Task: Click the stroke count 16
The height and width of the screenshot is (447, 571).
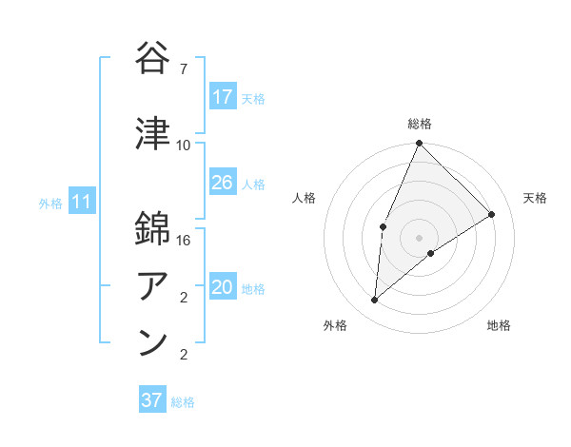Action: (185, 242)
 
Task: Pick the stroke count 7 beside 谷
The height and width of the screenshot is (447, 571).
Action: (184, 68)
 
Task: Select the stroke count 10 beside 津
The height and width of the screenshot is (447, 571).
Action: (184, 146)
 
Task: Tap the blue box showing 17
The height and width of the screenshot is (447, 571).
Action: (223, 97)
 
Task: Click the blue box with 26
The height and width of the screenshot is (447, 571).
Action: (223, 183)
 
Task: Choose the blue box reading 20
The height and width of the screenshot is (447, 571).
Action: (223, 288)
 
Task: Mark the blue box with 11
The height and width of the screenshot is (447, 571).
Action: (81, 202)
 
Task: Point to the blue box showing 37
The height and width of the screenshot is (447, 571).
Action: (151, 400)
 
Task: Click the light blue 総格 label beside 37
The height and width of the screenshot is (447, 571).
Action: (183, 402)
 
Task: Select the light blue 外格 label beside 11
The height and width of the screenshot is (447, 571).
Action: (50, 203)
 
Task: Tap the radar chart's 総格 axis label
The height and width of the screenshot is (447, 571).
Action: (419, 124)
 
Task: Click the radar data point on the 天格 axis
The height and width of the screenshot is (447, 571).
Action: (492, 214)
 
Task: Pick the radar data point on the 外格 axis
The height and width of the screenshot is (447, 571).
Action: (375, 300)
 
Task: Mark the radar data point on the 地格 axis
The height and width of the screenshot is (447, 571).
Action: (431, 253)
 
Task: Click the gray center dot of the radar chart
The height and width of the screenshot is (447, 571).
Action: (419, 237)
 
